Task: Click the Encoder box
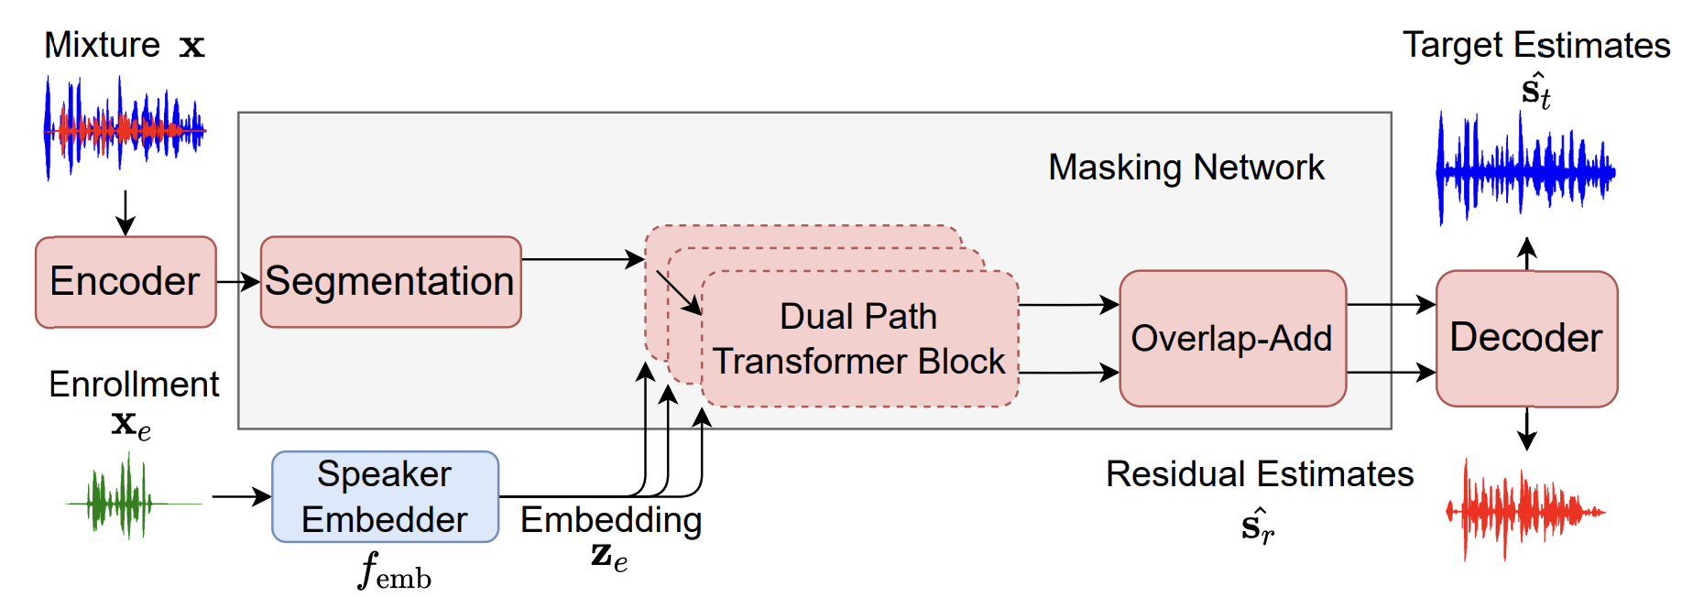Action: (x=126, y=282)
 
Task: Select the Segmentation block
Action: (x=390, y=282)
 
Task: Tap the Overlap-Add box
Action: (x=1232, y=338)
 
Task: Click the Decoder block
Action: (x=1526, y=338)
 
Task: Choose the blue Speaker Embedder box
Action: (x=385, y=496)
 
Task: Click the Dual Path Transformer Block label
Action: (x=858, y=339)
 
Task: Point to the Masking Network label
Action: (x=1186, y=168)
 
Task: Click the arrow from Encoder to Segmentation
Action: (x=238, y=282)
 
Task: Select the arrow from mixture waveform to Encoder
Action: (x=126, y=212)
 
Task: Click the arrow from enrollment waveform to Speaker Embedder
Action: (x=242, y=496)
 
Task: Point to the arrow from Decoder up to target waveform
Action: (x=1526, y=253)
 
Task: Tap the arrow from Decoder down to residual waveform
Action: (x=1526, y=429)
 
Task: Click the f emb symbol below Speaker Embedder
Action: (x=394, y=571)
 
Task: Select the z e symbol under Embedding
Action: (x=609, y=557)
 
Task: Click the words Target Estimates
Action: (x=1536, y=45)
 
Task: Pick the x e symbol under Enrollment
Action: (x=131, y=424)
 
